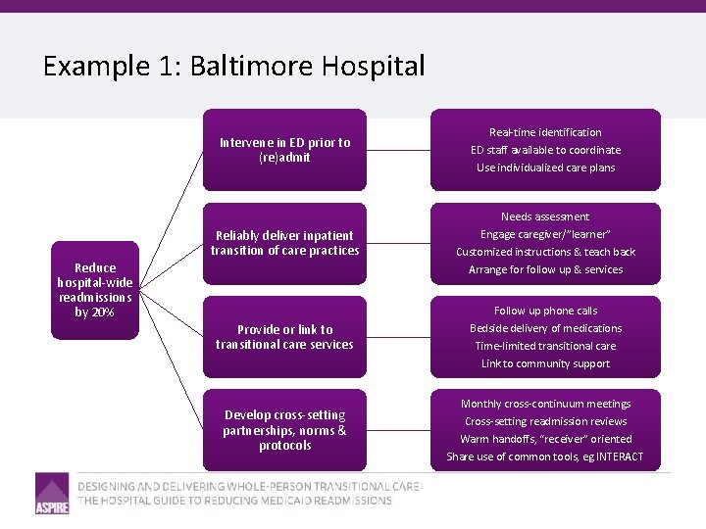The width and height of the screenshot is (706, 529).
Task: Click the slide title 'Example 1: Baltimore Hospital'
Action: pos(233,67)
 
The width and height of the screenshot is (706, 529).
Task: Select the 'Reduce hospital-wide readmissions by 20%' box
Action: pos(95,290)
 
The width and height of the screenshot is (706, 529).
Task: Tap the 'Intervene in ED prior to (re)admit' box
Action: pos(284,150)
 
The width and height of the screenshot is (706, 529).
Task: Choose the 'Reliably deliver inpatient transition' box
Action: pos(284,243)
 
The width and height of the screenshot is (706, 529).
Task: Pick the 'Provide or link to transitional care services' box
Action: pos(284,337)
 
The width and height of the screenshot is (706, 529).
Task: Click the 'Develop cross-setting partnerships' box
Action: pos(284,431)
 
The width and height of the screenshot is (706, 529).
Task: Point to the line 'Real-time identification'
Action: pos(545,132)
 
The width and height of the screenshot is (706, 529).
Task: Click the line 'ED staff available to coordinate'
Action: pos(545,150)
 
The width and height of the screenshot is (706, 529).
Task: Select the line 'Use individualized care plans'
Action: pos(545,168)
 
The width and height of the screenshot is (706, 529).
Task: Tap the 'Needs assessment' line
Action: pos(545,216)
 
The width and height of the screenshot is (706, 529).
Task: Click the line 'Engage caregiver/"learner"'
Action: pos(545,234)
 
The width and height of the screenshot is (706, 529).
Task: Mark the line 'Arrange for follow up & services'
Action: pos(545,269)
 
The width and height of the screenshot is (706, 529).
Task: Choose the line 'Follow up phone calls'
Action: pos(545,311)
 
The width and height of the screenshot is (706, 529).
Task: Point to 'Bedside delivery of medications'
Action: pos(545,328)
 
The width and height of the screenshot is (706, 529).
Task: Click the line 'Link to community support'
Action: pos(545,363)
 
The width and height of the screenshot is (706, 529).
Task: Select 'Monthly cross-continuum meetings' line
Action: pos(545,404)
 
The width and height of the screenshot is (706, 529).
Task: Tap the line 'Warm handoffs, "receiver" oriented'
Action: pos(545,439)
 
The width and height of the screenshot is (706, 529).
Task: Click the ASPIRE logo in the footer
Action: pos(52,493)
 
